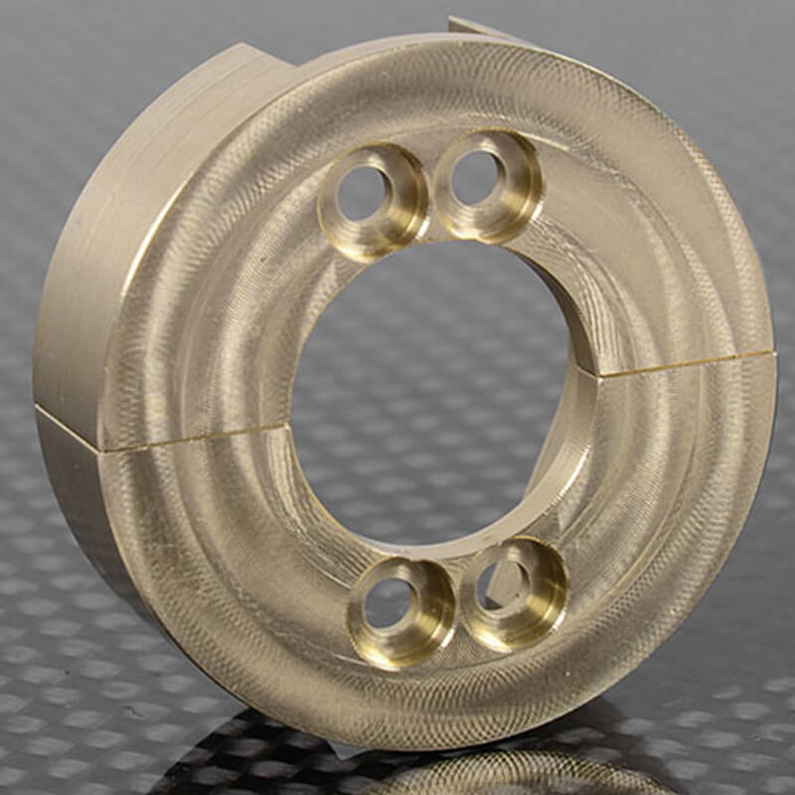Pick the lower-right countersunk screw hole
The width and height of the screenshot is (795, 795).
pos(513,592)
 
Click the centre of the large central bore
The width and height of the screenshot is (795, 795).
pos(437,397)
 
